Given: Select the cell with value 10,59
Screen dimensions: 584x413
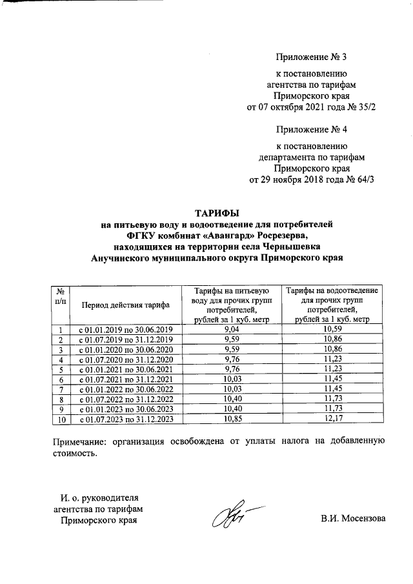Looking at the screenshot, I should pyautogui.click(x=332, y=330).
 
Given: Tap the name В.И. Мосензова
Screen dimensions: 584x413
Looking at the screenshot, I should pyautogui.click(x=352, y=519).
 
